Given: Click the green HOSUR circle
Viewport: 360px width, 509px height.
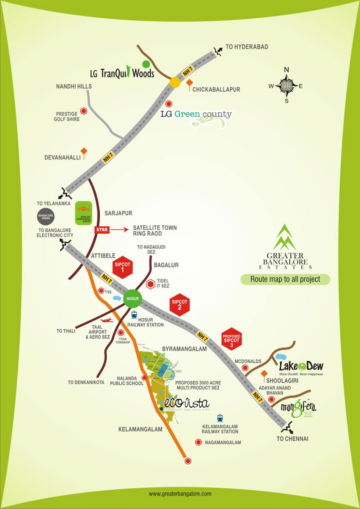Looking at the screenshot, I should pos(133,298).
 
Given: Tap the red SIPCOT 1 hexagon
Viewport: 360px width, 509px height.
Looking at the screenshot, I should pos(122,267).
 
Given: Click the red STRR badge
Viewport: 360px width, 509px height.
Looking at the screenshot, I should pos(102,230).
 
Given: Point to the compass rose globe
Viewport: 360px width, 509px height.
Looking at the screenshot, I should pos(286,86).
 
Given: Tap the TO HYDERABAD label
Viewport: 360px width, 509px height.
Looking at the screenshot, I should pos(247,47).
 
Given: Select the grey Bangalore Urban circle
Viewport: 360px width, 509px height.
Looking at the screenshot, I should pos(46,217).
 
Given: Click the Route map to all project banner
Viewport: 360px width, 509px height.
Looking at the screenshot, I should pos(285,279).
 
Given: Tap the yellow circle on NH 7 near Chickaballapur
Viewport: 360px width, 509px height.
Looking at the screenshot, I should pos(175,82).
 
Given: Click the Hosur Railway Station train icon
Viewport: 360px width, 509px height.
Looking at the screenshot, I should pos(134,315).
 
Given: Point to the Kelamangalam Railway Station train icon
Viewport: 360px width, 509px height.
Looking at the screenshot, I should pos(220,418).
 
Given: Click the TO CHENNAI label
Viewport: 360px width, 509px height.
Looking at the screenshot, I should pos(293,439).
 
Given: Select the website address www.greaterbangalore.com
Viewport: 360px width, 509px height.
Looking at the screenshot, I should pos(180,493).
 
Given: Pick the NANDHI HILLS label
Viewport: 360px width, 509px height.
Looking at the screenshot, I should pos(74,86).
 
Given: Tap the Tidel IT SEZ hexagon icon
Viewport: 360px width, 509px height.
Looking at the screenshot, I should pos(150,284).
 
